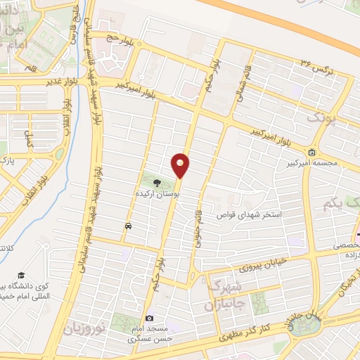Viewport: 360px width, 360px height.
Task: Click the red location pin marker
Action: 181,165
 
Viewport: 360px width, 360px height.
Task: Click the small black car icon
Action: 128,226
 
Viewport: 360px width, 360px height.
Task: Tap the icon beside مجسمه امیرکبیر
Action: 311,152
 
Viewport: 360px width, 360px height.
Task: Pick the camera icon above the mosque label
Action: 149,319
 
